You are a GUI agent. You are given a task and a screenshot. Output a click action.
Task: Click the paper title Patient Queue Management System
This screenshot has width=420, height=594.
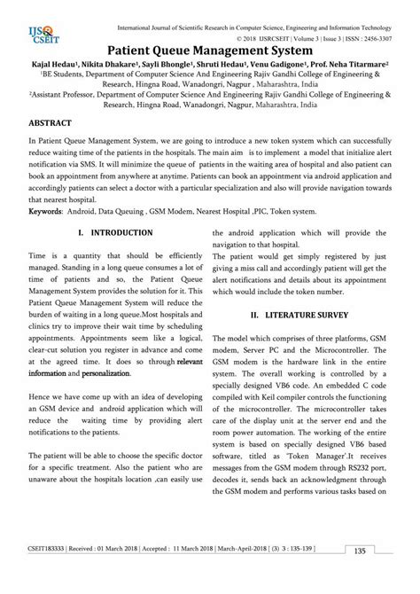pyautogui.click(x=211, y=52)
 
